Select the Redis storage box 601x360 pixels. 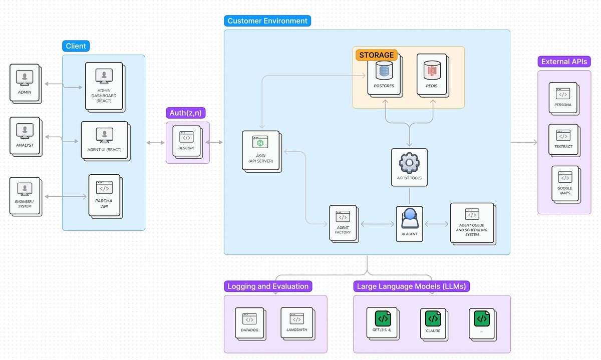click(x=431, y=76)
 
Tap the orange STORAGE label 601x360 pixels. click(x=377, y=55)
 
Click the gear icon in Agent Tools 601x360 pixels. click(x=409, y=162)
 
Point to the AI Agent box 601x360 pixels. click(x=409, y=223)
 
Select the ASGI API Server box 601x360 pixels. click(x=260, y=150)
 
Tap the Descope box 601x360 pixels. click(x=186, y=143)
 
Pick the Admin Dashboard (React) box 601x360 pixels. click(x=104, y=86)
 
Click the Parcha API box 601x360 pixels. click(x=104, y=195)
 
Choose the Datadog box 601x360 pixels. click(x=249, y=322)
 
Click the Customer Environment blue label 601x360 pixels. click(x=267, y=21)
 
